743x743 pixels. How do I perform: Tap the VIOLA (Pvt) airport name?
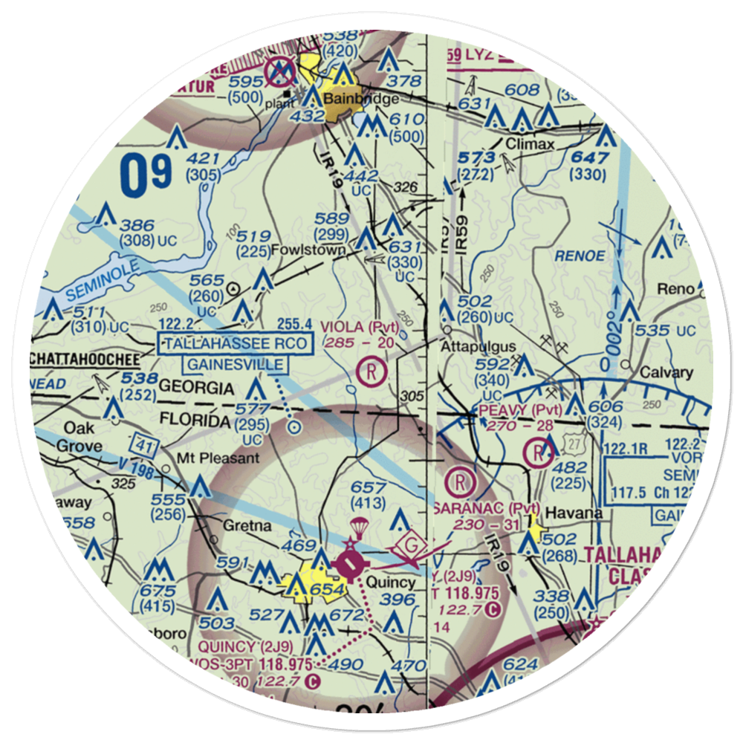tap(360, 327)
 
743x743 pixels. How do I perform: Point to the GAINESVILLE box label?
tap(236, 364)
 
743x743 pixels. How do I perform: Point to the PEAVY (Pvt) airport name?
tap(513, 409)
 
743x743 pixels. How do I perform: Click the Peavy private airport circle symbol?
tap(537, 451)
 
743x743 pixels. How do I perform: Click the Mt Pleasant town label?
tap(218, 458)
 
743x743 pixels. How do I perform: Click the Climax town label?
tap(530, 144)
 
